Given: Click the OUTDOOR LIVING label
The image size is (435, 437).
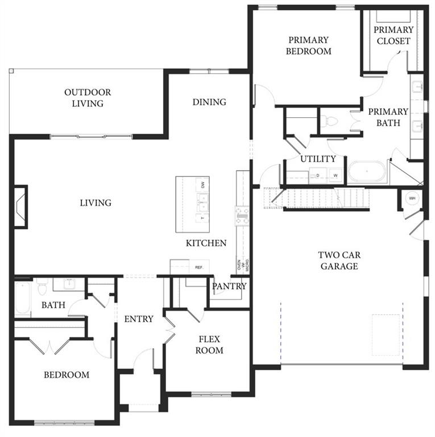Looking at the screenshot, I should click(x=87, y=98).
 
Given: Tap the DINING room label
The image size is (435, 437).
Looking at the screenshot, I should click(x=209, y=102).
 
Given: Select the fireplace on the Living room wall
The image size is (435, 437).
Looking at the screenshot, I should click(x=20, y=206).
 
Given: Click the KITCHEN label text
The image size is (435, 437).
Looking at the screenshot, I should click(x=206, y=243).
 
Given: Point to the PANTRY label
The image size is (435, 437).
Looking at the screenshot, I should click(x=229, y=286).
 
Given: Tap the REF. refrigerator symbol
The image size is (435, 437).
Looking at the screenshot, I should click(x=198, y=267).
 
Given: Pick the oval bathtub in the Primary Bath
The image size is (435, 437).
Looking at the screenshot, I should click(x=367, y=171).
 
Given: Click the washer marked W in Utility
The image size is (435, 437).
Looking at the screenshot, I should click(x=335, y=176).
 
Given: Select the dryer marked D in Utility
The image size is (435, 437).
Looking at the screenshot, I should click(x=317, y=176).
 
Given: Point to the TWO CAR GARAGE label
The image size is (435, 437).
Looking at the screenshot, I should click(x=338, y=261).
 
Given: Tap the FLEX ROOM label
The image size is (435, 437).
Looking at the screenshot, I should click(x=210, y=345).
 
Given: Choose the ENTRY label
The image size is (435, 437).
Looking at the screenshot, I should click(x=139, y=319).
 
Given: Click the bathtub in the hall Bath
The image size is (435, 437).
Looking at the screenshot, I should click(x=23, y=298).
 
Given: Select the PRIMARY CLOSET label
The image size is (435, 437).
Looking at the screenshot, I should click(x=393, y=35).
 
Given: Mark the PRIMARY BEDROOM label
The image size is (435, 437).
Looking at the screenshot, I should click(x=308, y=46).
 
